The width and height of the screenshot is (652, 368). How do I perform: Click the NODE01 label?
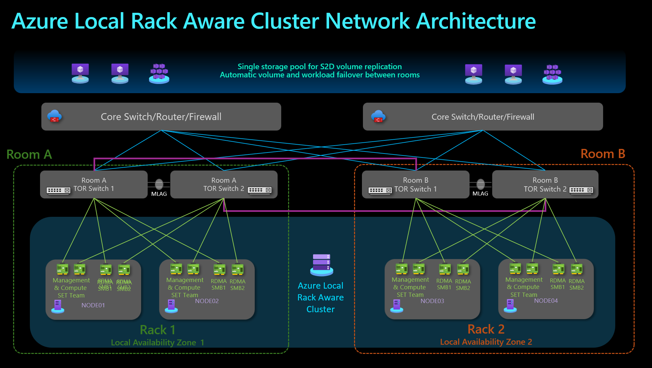click(93, 305)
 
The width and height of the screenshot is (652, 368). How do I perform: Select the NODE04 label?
click(546, 301)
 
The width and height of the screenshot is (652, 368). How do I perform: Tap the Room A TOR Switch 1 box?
click(94, 185)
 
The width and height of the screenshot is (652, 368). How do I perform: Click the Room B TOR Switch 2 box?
click(545, 185)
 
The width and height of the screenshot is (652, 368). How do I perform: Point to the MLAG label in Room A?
click(159, 194)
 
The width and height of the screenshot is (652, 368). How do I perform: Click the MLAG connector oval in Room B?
click(480, 184)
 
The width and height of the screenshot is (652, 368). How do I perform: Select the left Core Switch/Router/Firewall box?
click(161, 117)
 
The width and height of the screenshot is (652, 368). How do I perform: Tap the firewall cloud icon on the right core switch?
click(378, 116)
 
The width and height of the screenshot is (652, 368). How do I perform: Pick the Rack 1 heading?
click(158, 330)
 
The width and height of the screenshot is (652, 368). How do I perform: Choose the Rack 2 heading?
click(486, 329)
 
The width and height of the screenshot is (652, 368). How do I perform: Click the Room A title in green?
click(29, 154)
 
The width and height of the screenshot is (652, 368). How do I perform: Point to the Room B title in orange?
click(603, 154)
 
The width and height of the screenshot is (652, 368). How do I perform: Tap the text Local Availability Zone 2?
click(486, 342)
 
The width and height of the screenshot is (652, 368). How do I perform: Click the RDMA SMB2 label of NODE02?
click(238, 285)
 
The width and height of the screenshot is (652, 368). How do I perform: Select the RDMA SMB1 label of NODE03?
click(444, 284)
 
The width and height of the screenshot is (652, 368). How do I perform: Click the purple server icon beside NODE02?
click(171, 306)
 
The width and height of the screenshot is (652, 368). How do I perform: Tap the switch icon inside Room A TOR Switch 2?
click(260, 190)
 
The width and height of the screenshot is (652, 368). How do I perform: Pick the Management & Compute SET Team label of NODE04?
click(524, 287)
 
